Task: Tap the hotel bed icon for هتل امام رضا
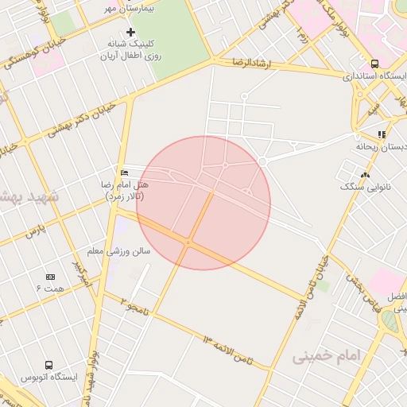[123, 172]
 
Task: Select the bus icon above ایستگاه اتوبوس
[49, 365]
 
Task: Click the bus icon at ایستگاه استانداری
[374, 64]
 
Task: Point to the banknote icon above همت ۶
[50, 276]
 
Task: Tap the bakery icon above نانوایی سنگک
[365, 175]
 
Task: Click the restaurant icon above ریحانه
[382, 134]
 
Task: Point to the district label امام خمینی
[326, 355]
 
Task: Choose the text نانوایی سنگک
[366, 187]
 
